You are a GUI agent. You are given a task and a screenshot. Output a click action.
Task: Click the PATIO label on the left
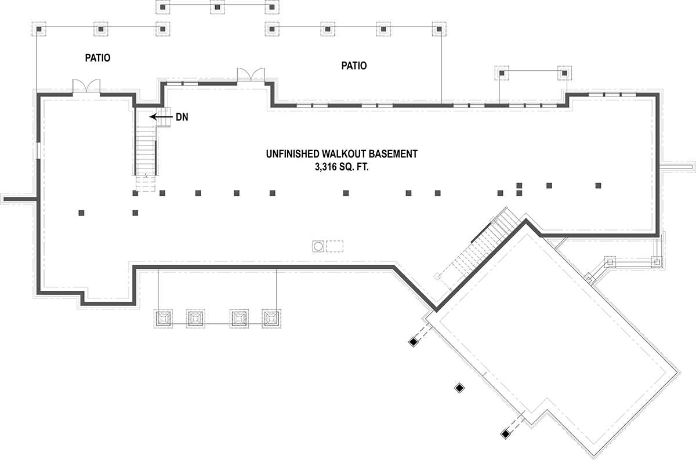click(x=97, y=58)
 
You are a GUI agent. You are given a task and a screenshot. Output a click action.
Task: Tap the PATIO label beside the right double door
click(x=354, y=65)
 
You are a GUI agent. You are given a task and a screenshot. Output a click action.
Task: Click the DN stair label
click(x=182, y=117)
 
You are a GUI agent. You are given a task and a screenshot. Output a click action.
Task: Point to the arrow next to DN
click(x=161, y=116)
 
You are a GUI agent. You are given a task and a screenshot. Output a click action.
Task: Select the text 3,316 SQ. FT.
click(x=342, y=167)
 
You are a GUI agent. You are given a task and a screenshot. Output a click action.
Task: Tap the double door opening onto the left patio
click(x=86, y=86)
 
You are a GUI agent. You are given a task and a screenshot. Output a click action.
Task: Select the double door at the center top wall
click(x=251, y=75)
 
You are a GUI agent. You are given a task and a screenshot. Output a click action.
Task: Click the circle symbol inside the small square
click(x=318, y=246)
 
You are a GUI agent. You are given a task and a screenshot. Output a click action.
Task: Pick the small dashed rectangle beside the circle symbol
click(x=335, y=246)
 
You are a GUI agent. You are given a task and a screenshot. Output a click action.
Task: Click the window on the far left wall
click(x=38, y=151)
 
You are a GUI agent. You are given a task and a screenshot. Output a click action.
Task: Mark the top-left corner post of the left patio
click(x=39, y=29)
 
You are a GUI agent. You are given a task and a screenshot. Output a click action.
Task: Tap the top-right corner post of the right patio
click(x=439, y=29)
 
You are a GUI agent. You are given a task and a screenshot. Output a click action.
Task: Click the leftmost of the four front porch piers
click(x=163, y=319)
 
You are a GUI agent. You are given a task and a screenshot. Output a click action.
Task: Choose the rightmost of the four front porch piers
click(x=271, y=319)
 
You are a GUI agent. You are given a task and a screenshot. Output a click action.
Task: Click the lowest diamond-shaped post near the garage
click(x=506, y=433)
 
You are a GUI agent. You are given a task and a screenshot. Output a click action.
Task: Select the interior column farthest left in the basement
click(x=81, y=213)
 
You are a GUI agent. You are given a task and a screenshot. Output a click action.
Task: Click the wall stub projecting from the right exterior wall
click(x=676, y=167)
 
